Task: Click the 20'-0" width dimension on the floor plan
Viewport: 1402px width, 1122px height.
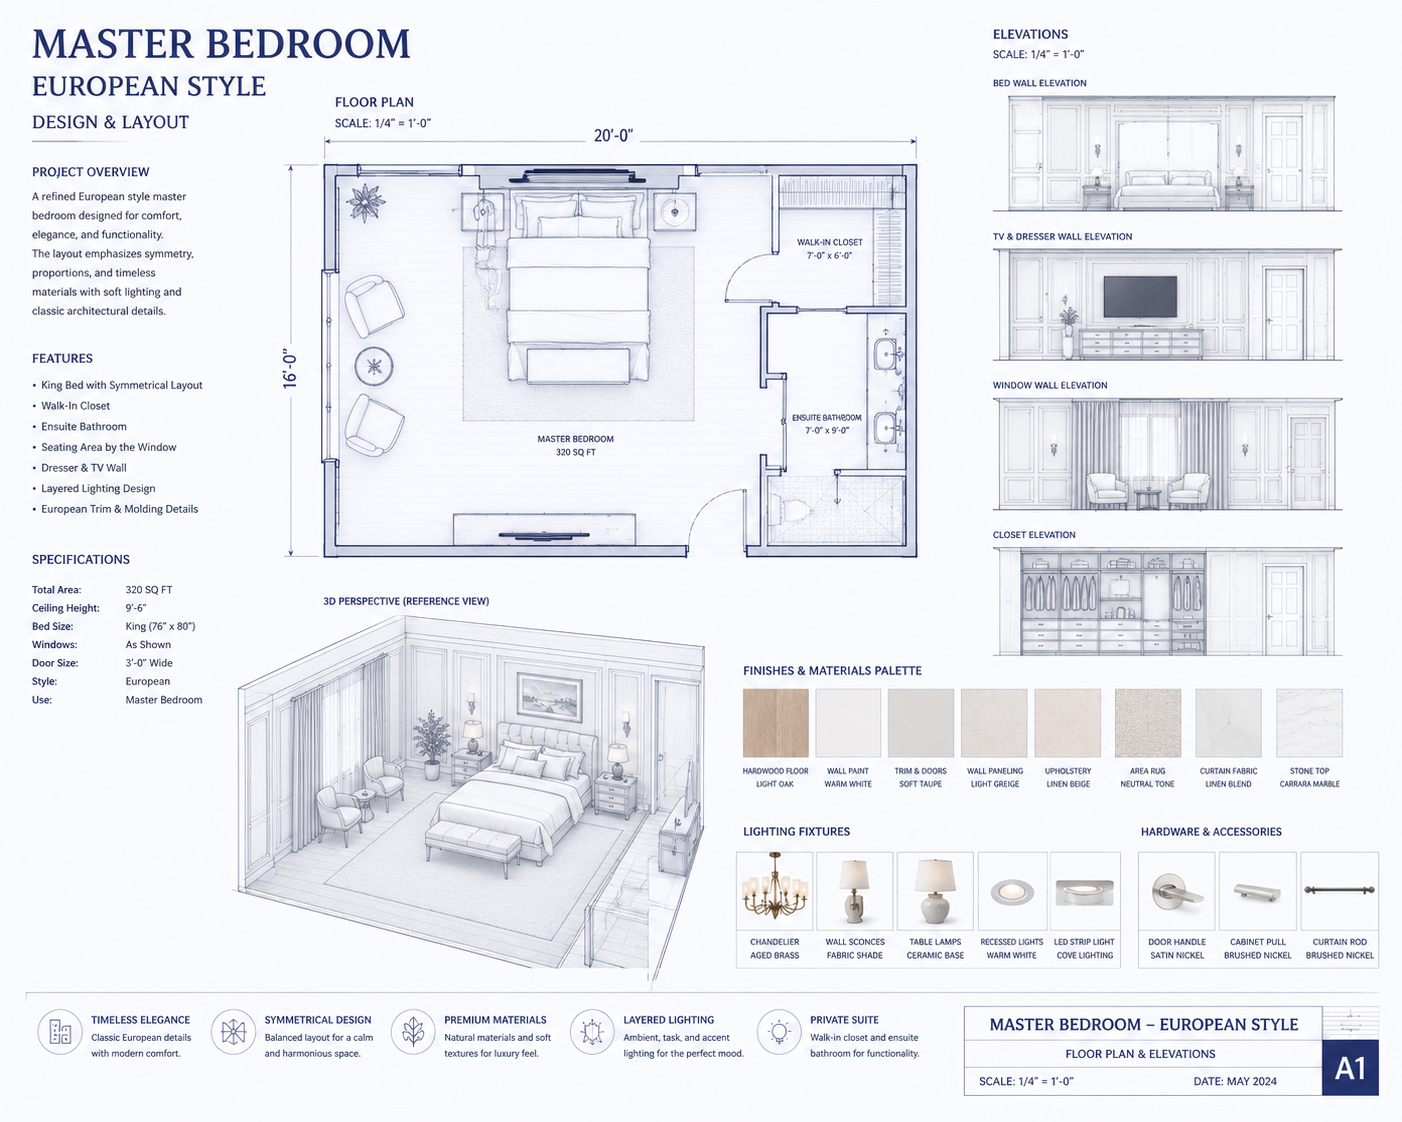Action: (x=613, y=136)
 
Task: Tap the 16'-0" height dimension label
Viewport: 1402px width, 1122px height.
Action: (x=290, y=369)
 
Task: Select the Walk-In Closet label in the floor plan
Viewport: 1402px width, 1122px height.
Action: (x=829, y=249)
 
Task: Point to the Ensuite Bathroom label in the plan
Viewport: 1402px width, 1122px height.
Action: (x=827, y=424)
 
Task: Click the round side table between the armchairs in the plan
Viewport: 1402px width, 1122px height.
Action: (x=374, y=366)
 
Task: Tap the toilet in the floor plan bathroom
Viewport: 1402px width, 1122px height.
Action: (x=781, y=510)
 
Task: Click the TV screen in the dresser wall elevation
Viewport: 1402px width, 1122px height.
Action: (x=1140, y=296)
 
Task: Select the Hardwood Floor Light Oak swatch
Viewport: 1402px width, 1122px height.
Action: (x=775, y=723)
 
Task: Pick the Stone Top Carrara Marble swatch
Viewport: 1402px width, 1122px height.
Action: (x=1309, y=723)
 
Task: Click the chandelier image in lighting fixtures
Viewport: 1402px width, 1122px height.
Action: (x=775, y=886)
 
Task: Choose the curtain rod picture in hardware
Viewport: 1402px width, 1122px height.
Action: (x=1339, y=890)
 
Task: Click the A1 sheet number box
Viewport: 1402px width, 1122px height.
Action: (x=1350, y=1068)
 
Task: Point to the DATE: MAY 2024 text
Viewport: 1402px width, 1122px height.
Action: (x=1235, y=1081)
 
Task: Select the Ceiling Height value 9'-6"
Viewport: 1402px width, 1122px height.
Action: (x=136, y=608)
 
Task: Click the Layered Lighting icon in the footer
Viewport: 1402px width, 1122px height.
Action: (x=591, y=1032)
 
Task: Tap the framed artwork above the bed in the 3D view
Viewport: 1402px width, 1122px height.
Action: (x=550, y=696)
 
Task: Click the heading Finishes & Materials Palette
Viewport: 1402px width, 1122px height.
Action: (x=832, y=670)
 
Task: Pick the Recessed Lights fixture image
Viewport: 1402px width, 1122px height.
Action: (x=1012, y=892)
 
